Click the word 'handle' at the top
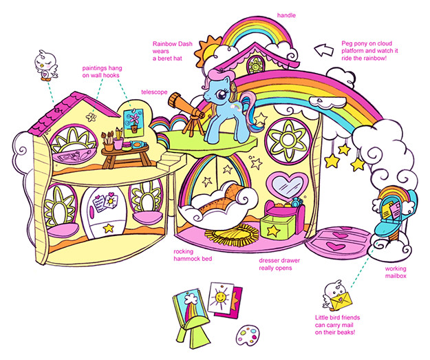pos(287,14)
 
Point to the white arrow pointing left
pos(323,49)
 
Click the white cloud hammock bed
pos(217,202)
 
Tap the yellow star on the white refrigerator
pos(109,226)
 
